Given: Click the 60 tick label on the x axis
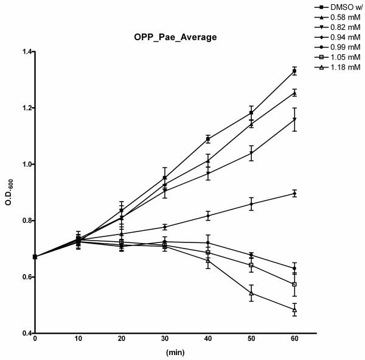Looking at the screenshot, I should click(x=294, y=337).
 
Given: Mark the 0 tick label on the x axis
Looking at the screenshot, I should click(x=35, y=337).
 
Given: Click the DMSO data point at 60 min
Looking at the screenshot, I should click(x=294, y=71).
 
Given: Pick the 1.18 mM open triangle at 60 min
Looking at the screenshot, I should click(x=294, y=309).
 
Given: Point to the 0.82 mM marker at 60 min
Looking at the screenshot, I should click(x=294, y=119).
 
